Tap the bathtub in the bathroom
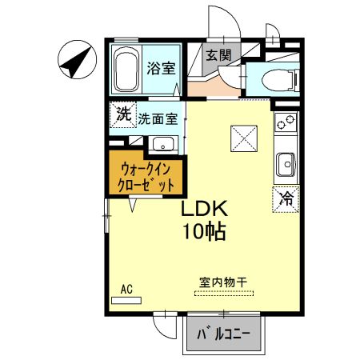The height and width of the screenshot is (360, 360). point(126,70)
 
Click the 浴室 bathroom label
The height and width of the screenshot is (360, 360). point(160,69)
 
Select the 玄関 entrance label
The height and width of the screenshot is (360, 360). point(218,55)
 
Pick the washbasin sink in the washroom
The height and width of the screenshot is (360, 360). point(162,146)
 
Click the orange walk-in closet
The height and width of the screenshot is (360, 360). point(146,176)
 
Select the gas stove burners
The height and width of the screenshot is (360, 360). point(285,124)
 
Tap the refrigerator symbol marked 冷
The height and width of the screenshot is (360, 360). point(285,199)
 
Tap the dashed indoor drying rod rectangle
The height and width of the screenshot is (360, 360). point(223,294)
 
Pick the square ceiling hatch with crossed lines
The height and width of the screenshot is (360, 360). point(243,138)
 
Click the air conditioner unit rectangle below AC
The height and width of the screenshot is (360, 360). point(126,299)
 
